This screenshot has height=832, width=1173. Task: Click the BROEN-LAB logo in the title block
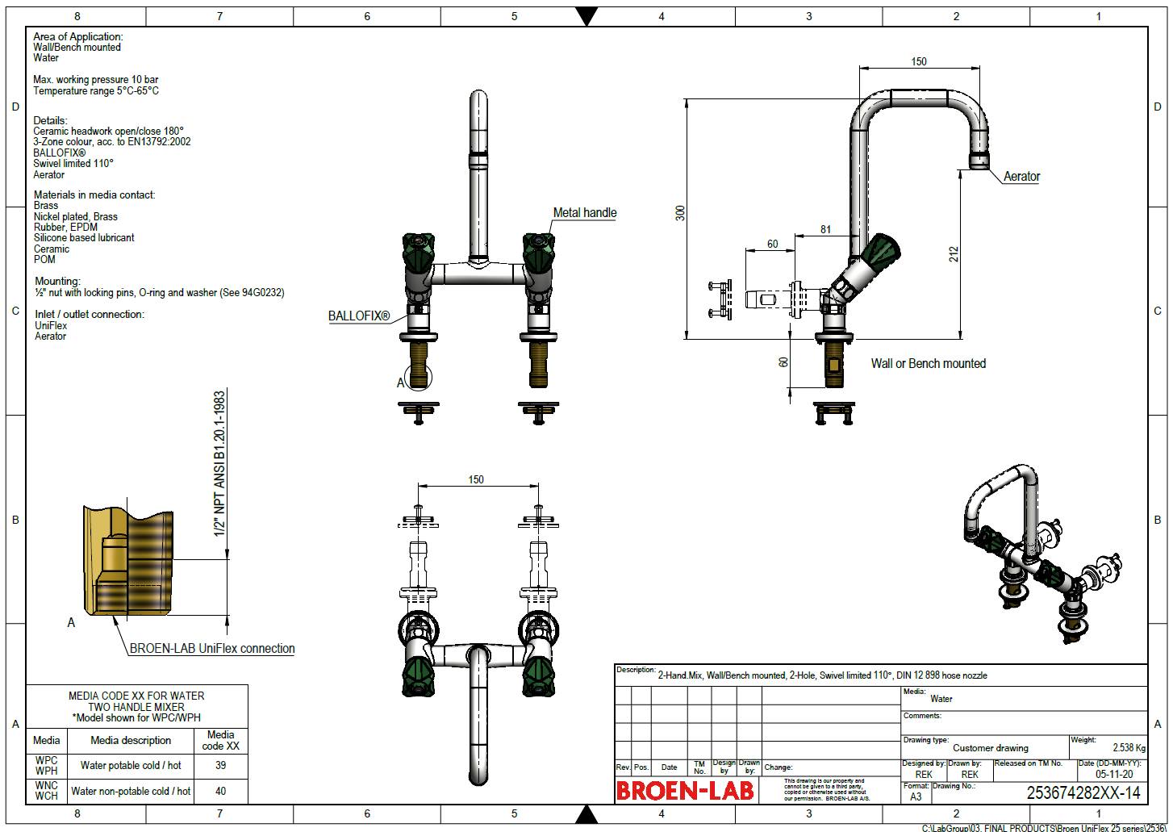[685, 790]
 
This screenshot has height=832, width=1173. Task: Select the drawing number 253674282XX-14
[1083, 792]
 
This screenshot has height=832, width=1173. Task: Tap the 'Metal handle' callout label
[584, 213]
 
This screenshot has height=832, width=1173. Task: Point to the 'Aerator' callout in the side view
[1021, 177]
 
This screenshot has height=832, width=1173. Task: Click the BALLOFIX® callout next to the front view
[358, 316]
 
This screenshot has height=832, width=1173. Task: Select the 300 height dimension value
[681, 213]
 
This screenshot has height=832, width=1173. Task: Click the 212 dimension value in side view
[954, 254]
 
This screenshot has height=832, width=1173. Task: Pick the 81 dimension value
[825, 229]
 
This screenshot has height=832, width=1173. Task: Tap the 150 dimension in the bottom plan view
[476, 479]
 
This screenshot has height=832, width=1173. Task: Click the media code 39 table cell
[220, 765]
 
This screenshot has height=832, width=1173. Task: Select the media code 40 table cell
[220, 792]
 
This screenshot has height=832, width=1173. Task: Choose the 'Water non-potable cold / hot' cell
[131, 792]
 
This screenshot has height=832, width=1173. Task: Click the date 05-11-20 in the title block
[1113, 774]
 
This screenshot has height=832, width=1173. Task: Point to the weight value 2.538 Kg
[1129, 748]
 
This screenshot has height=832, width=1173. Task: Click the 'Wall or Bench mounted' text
[928, 364]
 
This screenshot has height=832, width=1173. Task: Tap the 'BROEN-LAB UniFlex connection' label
[212, 648]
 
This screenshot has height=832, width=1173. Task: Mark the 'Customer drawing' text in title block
[990, 748]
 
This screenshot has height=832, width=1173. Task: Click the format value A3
[916, 796]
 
